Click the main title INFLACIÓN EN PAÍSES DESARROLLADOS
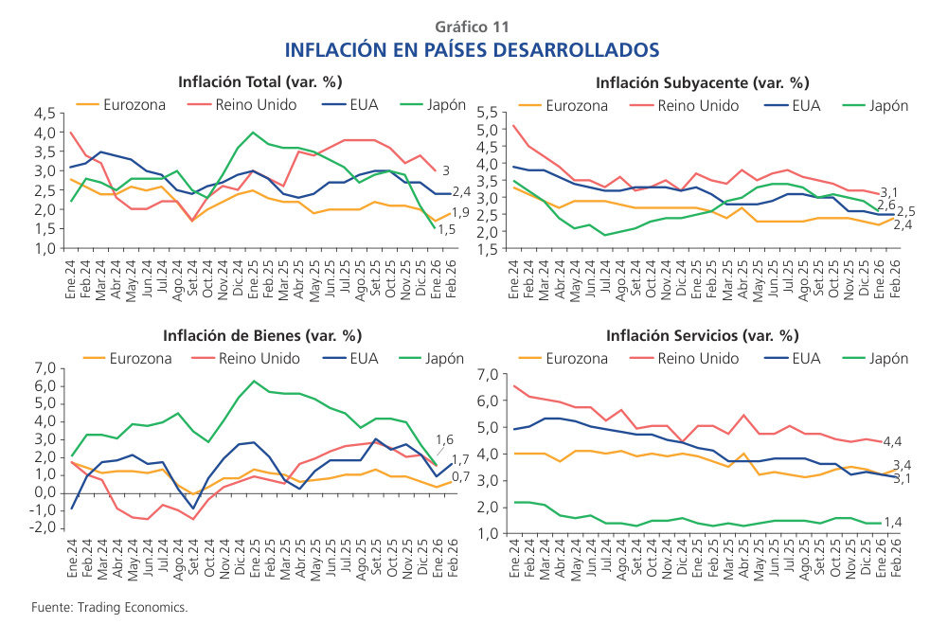pos(472,48)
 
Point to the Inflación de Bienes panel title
pos(261,335)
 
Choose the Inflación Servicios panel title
pos(703,335)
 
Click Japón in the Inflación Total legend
pos(444,104)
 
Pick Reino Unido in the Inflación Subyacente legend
pos(699,106)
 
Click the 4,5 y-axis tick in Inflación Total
pos(44,113)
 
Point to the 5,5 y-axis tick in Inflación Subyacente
pos(487,113)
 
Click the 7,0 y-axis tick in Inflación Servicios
pos(487,375)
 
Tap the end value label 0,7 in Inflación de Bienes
pos(460,476)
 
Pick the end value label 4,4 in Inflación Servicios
pos(891,442)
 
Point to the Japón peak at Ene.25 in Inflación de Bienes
pos(253,382)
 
